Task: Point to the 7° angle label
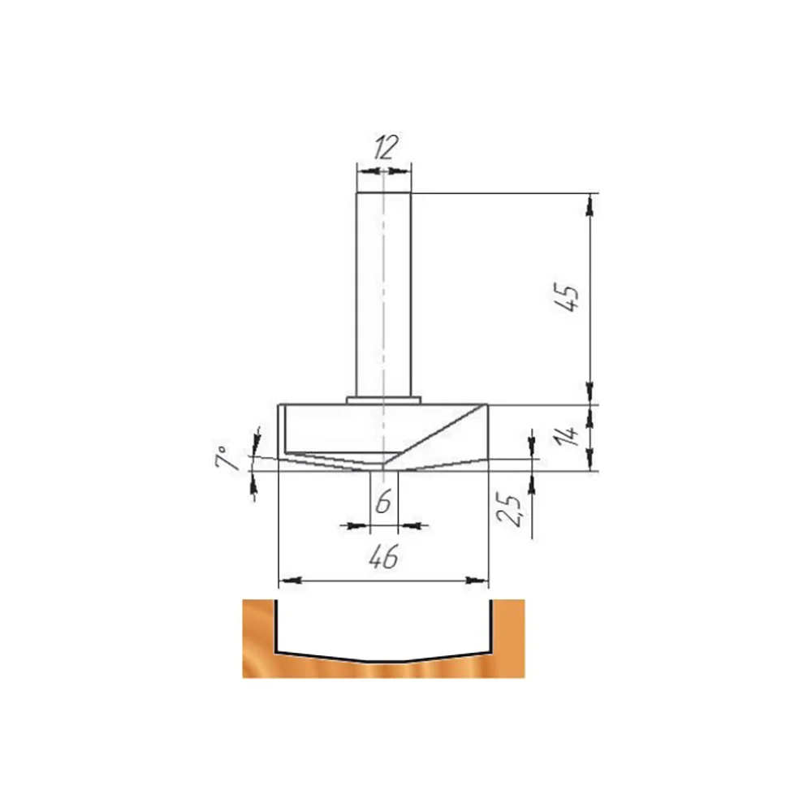pyautogui.click(x=224, y=456)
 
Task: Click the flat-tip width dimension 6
pyautogui.click(x=383, y=503)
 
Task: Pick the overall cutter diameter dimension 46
pyautogui.click(x=384, y=557)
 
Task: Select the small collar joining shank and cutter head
pyautogui.click(x=384, y=400)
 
